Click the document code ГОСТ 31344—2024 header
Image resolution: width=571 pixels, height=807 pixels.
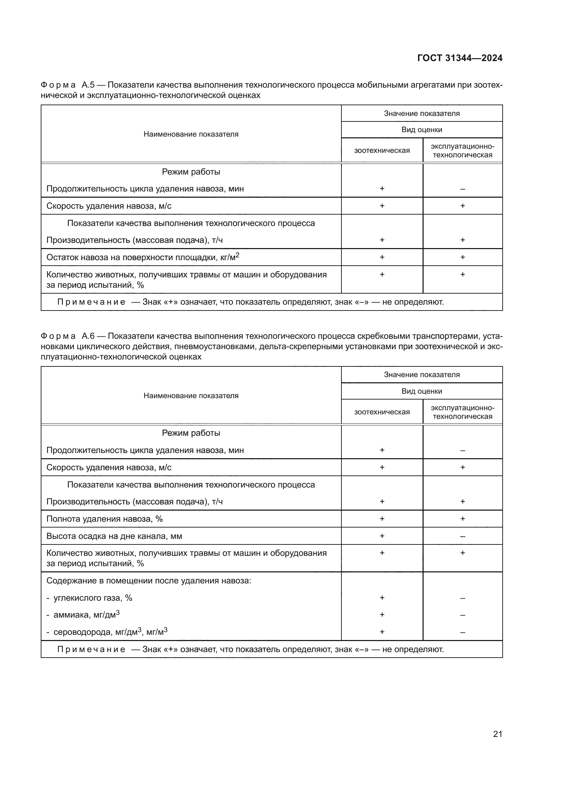point(459,58)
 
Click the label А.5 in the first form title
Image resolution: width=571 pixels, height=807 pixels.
point(88,85)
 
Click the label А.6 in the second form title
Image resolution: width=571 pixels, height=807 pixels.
point(88,336)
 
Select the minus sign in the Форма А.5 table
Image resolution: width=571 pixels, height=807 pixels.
point(462,189)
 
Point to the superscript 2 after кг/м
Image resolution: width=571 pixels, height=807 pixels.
point(237,256)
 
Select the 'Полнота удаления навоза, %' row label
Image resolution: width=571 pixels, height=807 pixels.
point(104,519)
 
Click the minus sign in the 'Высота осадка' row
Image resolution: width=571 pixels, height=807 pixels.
point(462,537)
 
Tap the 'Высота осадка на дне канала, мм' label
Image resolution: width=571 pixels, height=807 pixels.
point(114,537)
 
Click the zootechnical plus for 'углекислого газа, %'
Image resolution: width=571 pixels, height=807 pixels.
point(382,598)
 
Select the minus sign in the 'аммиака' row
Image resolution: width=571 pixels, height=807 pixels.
point(462,616)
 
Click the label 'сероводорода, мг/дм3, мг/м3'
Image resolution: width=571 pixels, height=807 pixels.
point(110,632)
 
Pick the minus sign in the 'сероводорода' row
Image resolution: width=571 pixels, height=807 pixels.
point(462,632)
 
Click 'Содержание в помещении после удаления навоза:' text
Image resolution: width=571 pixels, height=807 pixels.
point(149,581)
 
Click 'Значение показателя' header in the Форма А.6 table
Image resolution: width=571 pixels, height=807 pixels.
point(422,375)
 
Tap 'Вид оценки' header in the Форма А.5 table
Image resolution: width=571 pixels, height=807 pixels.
point(422,130)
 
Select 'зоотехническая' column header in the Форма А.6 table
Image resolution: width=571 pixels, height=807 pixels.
point(382,412)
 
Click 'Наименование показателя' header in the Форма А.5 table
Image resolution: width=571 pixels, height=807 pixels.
point(191,134)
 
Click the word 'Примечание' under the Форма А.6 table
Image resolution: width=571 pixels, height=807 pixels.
point(91,649)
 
